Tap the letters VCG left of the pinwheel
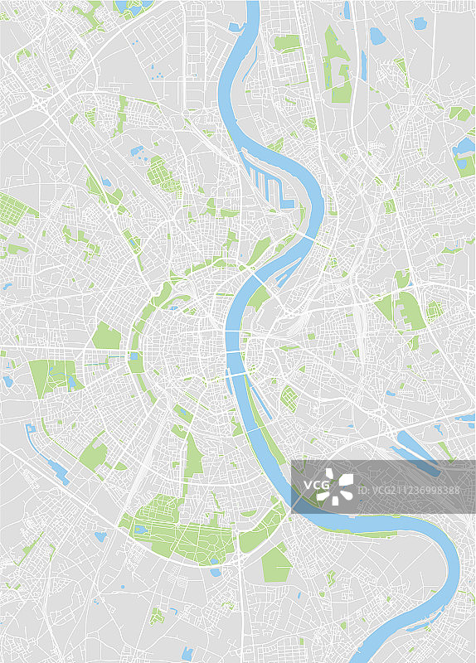(x=314, y=485)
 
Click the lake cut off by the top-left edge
(x=129, y=7)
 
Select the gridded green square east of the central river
(x=289, y=399)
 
